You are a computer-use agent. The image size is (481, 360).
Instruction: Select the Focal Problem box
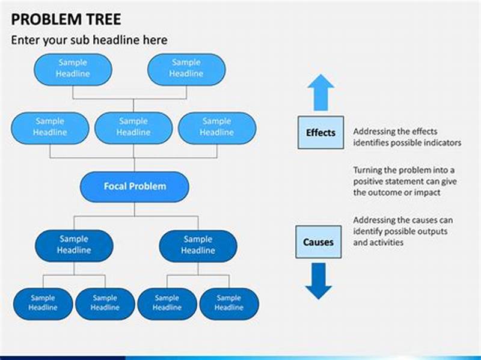coord(135,186)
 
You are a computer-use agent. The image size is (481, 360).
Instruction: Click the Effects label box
coord(320,132)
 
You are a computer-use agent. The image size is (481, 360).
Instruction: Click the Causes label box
coord(318,242)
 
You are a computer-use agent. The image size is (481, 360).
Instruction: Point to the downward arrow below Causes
coord(318,281)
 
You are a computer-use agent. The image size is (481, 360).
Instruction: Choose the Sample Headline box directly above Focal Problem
coord(133,127)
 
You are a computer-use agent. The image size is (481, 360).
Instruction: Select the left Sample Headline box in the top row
coord(73,69)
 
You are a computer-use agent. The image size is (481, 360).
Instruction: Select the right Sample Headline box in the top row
coord(186,69)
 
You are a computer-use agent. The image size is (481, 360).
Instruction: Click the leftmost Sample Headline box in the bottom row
coord(43,303)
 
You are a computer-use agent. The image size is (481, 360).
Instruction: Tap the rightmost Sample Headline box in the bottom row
coord(228,303)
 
